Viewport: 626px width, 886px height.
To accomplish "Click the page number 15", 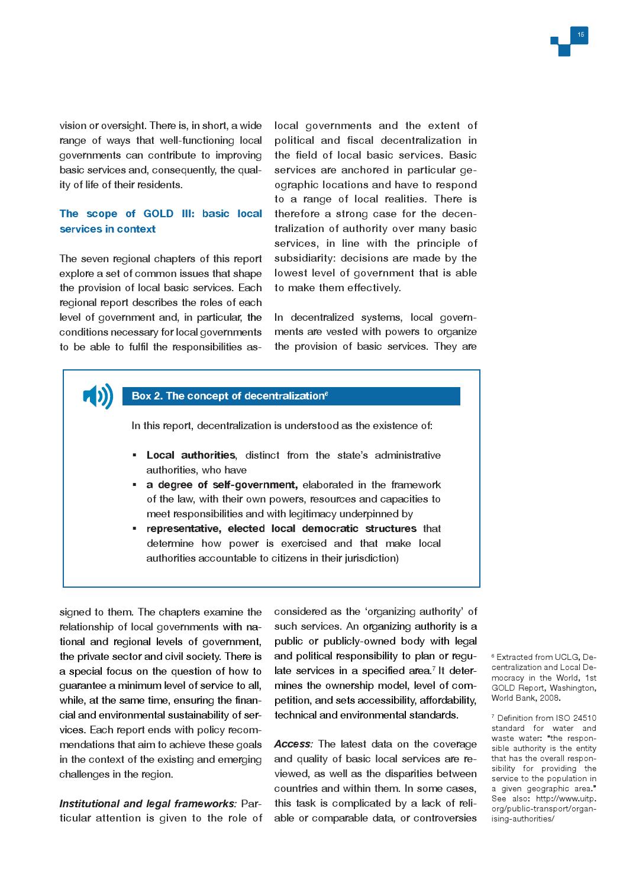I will [x=580, y=35].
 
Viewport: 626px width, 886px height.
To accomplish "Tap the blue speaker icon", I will [x=98, y=396].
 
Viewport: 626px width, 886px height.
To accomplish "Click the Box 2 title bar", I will [x=291, y=396].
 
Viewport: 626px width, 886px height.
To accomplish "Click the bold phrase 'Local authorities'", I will [x=191, y=455].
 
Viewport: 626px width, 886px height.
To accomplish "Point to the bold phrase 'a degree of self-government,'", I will [x=222, y=485].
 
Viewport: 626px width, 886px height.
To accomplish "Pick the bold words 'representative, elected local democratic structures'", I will [x=281, y=529].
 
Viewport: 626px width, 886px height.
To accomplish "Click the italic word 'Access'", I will [x=292, y=744].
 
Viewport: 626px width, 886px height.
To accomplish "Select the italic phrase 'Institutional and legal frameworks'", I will [x=147, y=803].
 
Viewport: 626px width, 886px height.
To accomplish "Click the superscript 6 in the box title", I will [x=327, y=393].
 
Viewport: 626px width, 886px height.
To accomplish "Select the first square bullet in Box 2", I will [x=134, y=455].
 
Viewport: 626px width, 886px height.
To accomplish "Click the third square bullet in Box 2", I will [x=134, y=529].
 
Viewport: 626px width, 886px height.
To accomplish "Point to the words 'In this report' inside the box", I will [x=163, y=426].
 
